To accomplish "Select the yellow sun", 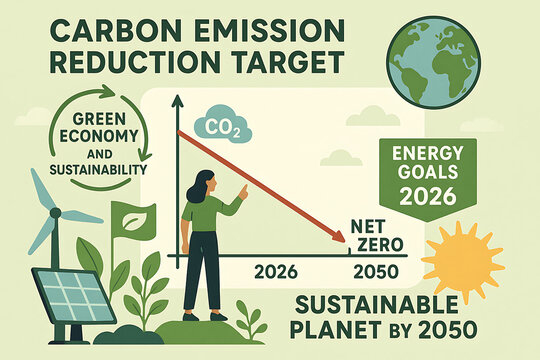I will (x=475, y=263).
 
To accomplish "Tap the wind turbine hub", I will (x=54, y=213).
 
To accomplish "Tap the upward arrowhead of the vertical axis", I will (x=176, y=101).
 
